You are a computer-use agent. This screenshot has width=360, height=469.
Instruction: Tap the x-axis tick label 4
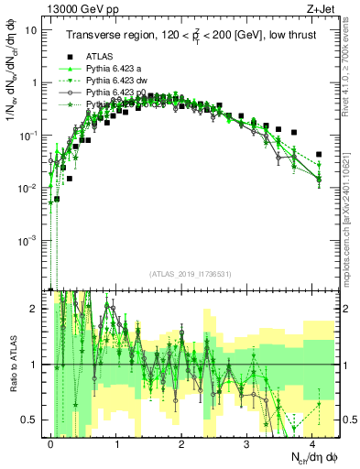[x=312, y=442]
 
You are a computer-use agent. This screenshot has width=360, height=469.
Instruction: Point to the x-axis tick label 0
[x=50, y=442]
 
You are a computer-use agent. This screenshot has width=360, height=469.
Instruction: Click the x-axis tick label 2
[x=181, y=442]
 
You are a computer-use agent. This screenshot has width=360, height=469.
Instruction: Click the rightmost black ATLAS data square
[x=319, y=155]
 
